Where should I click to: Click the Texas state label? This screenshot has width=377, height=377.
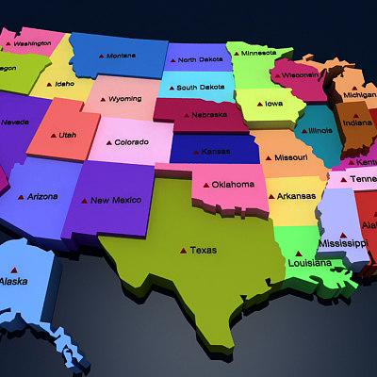point(203,251)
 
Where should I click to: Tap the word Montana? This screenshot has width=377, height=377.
point(121,56)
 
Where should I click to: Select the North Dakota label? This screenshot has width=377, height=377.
point(200,60)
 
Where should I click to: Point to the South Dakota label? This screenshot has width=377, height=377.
point(200,88)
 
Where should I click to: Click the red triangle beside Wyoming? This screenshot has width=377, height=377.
point(101,99)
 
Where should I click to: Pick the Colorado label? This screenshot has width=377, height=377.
point(131,142)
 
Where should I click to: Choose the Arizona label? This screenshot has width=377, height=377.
point(43,197)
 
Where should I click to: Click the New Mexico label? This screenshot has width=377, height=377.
point(115,200)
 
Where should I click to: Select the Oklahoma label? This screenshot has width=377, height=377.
point(233,185)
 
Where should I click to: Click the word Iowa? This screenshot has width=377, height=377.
point(272,104)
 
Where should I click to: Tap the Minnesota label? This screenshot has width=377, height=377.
point(258,53)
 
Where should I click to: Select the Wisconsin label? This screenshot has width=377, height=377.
point(300,74)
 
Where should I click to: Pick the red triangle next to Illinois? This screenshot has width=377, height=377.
point(303,131)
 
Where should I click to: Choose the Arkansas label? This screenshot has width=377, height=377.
point(295,197)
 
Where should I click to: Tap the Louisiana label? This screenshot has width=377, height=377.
point(309,263)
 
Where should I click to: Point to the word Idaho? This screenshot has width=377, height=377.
point(65,84)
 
